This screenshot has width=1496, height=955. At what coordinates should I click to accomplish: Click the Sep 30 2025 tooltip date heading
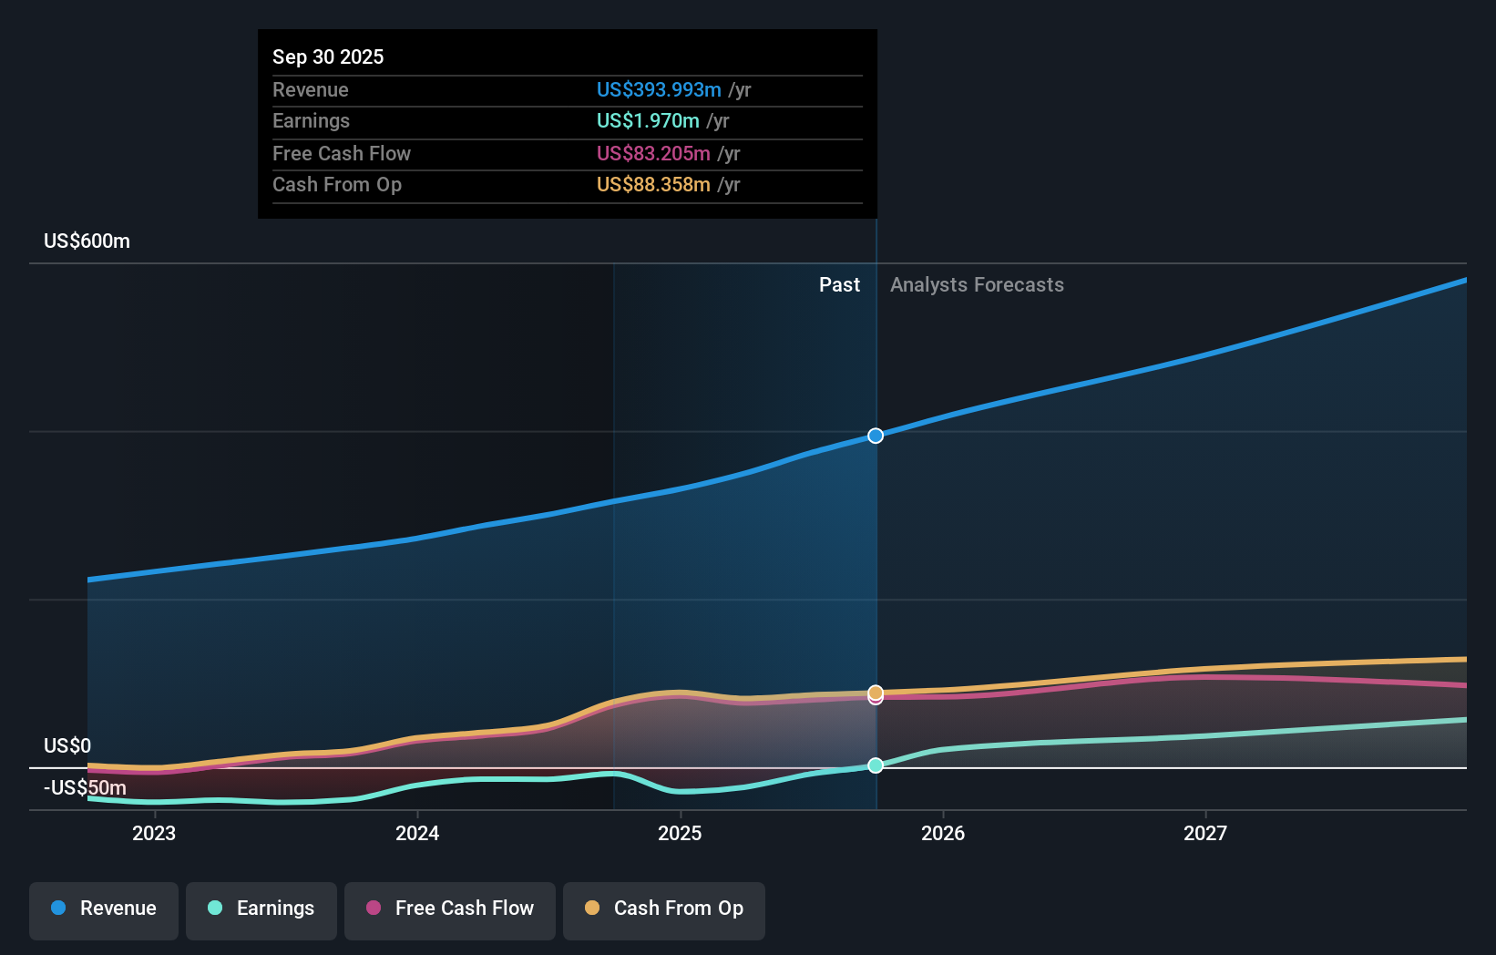(328, 56)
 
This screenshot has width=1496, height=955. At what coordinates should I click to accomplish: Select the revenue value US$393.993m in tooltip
(659, 89)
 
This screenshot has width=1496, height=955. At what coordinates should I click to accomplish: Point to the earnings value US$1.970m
(648, 120)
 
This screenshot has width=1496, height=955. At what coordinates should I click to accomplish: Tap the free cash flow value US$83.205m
(653, 153)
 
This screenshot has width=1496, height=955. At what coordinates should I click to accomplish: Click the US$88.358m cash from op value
(653, 184)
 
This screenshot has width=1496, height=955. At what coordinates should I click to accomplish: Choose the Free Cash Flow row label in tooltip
(342, 153)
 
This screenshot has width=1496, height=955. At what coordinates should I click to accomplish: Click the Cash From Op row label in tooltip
(337, 184)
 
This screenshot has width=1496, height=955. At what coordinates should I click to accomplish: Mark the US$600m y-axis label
(87, 241)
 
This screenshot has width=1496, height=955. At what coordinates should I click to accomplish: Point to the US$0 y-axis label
(67, 745)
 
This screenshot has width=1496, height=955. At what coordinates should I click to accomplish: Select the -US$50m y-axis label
(85, 787)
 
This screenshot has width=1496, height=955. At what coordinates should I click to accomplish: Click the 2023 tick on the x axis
(154, 833)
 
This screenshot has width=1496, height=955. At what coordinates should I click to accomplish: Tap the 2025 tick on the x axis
(680, 833)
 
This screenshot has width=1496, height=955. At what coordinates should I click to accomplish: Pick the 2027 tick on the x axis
(1204, 833)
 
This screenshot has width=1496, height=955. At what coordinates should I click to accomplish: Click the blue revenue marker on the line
(876, 436)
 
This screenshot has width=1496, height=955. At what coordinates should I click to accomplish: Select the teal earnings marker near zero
(876, 765)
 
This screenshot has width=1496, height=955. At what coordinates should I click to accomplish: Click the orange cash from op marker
(876, 693)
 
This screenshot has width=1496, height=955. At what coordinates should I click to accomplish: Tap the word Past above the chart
(839, 284)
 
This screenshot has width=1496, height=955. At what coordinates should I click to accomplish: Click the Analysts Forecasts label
(977, 284)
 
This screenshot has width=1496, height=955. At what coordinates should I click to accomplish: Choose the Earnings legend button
(261, 909)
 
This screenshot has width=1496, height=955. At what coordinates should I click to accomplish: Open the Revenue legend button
(104, 909)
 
